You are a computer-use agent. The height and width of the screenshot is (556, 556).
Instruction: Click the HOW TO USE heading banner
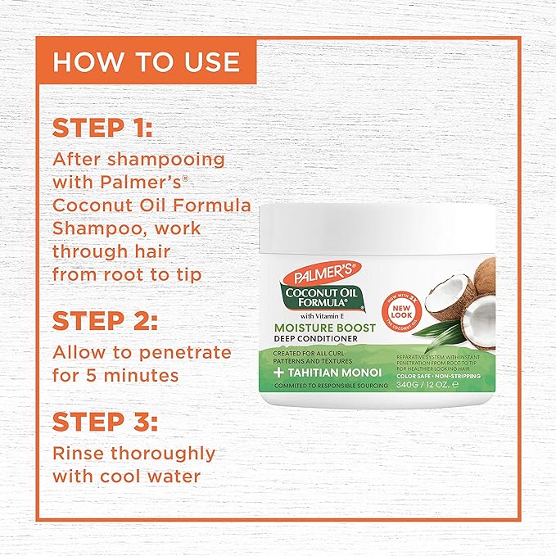(x=146, y=61)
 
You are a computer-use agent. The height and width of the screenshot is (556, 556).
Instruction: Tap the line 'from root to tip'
(x=128, y=273)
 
